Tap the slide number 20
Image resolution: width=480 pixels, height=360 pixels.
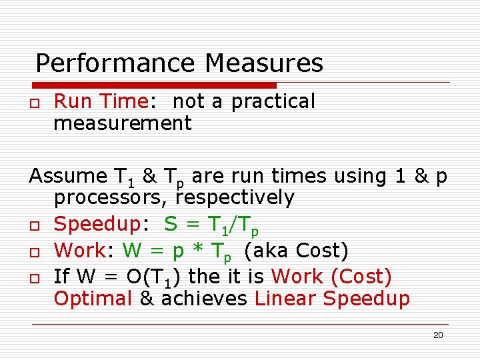tap(438, 335)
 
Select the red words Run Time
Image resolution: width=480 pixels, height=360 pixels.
tap(100, 101)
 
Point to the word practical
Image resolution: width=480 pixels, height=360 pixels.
tap(273, 102)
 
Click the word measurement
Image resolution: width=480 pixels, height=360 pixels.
tap(123, 123)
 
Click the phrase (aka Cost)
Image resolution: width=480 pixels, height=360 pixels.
tap(295, 251)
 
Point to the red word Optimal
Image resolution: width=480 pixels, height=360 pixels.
tap(93, 299)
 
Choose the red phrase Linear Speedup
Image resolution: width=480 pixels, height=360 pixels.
tap(332, 299)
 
